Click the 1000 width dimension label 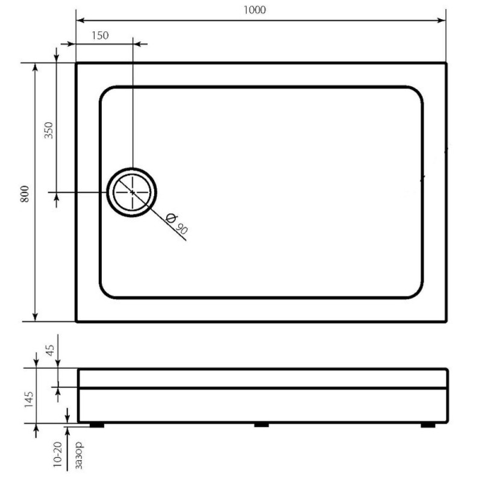[254, 10]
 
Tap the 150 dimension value [100, 36]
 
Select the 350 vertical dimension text [49, 130]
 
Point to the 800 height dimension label [25, 194]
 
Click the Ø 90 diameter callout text [177, 224]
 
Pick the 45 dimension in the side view [50, 350]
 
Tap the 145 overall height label [28, 399]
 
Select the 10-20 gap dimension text [57, 454]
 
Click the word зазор [79, 455]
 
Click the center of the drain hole [132, 192]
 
